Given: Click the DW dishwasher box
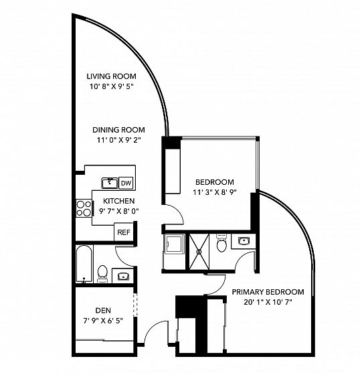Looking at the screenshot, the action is [126, 183].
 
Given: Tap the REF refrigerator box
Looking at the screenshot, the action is [124, 232].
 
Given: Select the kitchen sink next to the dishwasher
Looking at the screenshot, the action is [110, 183].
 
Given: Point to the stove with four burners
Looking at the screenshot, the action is [84, 208].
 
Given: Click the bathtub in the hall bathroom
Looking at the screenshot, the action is [84, 264].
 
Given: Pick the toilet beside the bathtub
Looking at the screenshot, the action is [102, 274].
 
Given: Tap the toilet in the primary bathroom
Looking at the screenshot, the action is [221, 243].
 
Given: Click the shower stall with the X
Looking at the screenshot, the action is [199, 252].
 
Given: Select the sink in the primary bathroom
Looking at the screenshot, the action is [244, 240].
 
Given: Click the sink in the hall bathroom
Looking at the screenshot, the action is [123, 276].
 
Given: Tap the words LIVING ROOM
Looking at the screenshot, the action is [111, 76].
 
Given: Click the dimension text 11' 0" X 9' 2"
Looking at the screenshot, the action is [118, 140].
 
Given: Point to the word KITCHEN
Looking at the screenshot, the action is [119, 201].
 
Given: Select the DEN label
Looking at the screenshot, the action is [103, 311].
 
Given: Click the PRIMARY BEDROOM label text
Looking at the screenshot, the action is [268, 292].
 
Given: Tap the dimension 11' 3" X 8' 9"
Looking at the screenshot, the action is [215, 192].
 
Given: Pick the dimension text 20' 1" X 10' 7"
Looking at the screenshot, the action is [268, 302].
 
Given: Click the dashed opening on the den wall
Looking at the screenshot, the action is [135, 305].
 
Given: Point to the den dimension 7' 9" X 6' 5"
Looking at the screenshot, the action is [103, 321].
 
